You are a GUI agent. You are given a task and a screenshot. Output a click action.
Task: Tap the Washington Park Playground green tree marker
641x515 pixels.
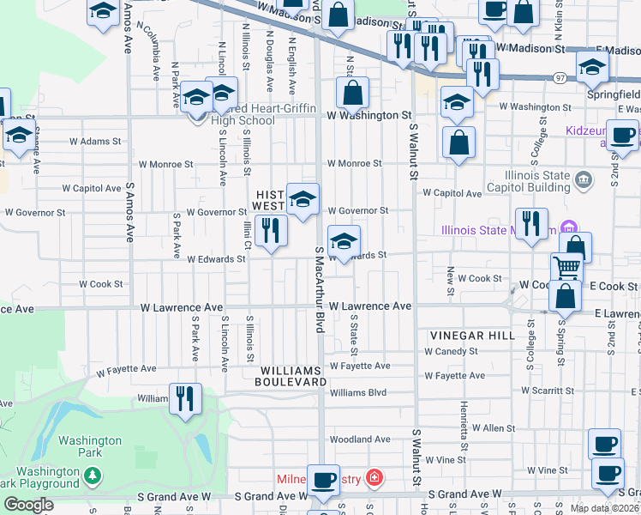(92, 475)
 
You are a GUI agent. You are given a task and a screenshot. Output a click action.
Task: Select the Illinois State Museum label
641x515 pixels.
(497, 229)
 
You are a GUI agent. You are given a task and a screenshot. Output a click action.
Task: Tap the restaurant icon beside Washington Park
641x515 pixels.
(185, 398)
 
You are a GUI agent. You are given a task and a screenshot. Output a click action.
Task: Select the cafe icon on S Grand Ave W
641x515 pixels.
(323, 481)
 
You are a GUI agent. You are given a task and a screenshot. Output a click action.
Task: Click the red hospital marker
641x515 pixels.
(374, 476)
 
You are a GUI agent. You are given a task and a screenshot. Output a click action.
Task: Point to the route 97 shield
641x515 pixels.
(558, 76)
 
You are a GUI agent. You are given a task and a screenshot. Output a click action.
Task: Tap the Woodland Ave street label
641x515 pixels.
(360, 439)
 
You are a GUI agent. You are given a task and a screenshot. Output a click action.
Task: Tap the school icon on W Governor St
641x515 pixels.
(302, 200)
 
